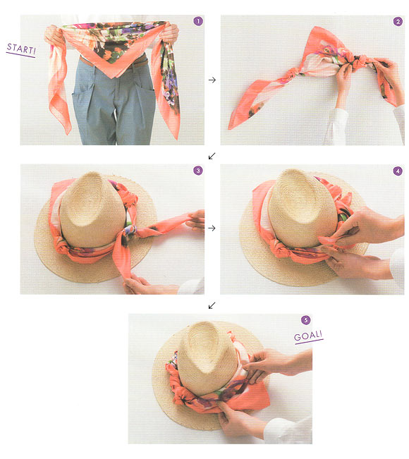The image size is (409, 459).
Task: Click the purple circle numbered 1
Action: point(198,21)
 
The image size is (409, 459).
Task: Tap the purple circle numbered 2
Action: point(397,21)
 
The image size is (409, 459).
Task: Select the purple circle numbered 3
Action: point(198,171)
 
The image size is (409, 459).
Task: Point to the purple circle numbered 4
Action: point(397,171)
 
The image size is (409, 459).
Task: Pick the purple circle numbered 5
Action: point(305,320)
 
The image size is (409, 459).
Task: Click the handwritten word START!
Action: point(21,49)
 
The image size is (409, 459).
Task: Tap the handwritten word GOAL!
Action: point(308,336)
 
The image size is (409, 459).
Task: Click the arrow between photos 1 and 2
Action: point(212,80)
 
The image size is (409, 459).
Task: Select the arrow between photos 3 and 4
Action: point(212,228)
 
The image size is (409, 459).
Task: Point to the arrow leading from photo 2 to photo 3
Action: point(212,156)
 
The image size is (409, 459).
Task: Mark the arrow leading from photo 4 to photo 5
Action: point(212,305)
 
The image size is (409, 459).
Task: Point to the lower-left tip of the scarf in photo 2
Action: point(229,128)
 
